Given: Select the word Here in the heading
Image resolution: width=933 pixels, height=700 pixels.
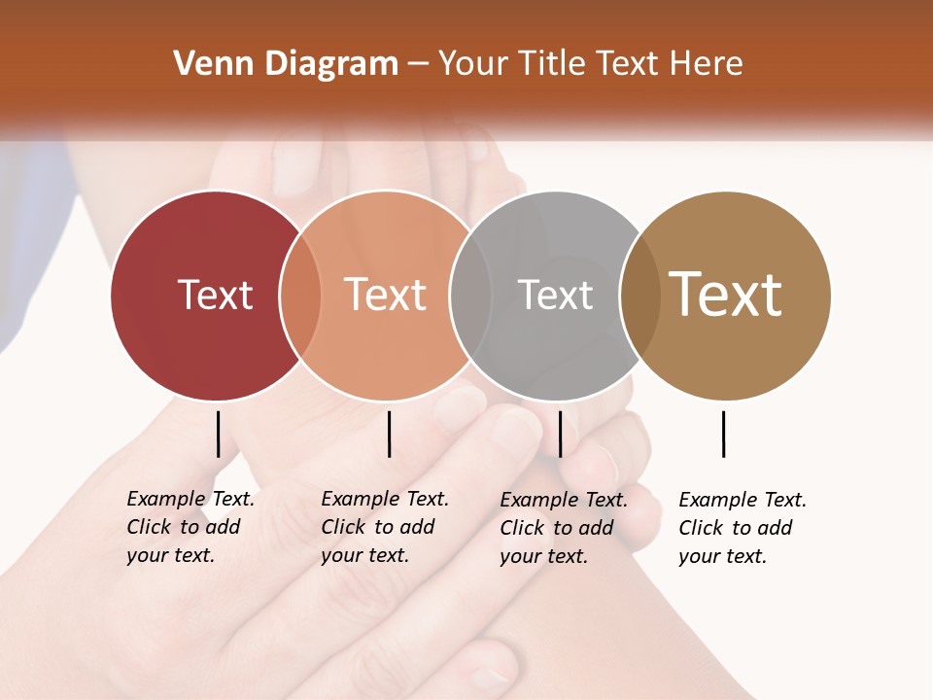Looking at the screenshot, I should (x=707, y=64).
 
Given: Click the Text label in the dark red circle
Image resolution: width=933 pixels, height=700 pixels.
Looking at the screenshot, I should (x=215, y=295).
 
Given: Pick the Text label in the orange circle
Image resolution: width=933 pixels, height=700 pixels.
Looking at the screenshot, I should (x=386, y=295).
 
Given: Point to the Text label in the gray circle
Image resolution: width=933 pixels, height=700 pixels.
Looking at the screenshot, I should (x=555, y=295).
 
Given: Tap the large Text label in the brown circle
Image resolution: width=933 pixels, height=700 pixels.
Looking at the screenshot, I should (x=726, y=295).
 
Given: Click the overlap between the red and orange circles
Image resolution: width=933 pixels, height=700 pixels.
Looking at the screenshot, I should (x=300, y=296).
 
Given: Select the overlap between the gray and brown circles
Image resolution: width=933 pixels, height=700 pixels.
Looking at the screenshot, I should (x=639, y=296).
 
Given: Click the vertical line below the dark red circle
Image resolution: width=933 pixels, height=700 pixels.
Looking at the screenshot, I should (x=218, y=434).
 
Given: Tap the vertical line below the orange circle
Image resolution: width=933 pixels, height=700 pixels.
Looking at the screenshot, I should (x=389, y=434).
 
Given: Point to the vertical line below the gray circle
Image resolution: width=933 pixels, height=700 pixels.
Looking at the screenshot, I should (x=560, y=434).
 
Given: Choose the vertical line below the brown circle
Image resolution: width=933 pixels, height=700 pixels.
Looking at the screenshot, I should (x=723, y=434).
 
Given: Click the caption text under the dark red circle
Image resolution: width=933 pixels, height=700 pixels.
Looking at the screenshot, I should (x=190, y=527).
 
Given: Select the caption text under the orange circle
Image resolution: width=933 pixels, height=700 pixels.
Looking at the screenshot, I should (x=385, y=527).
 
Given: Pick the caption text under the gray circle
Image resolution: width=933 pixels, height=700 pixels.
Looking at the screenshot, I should (x=564, y=528).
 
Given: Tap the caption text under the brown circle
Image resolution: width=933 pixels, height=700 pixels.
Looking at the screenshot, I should (x=743, y=528).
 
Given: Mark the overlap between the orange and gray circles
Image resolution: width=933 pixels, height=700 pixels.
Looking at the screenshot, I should (x=470, y=296).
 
